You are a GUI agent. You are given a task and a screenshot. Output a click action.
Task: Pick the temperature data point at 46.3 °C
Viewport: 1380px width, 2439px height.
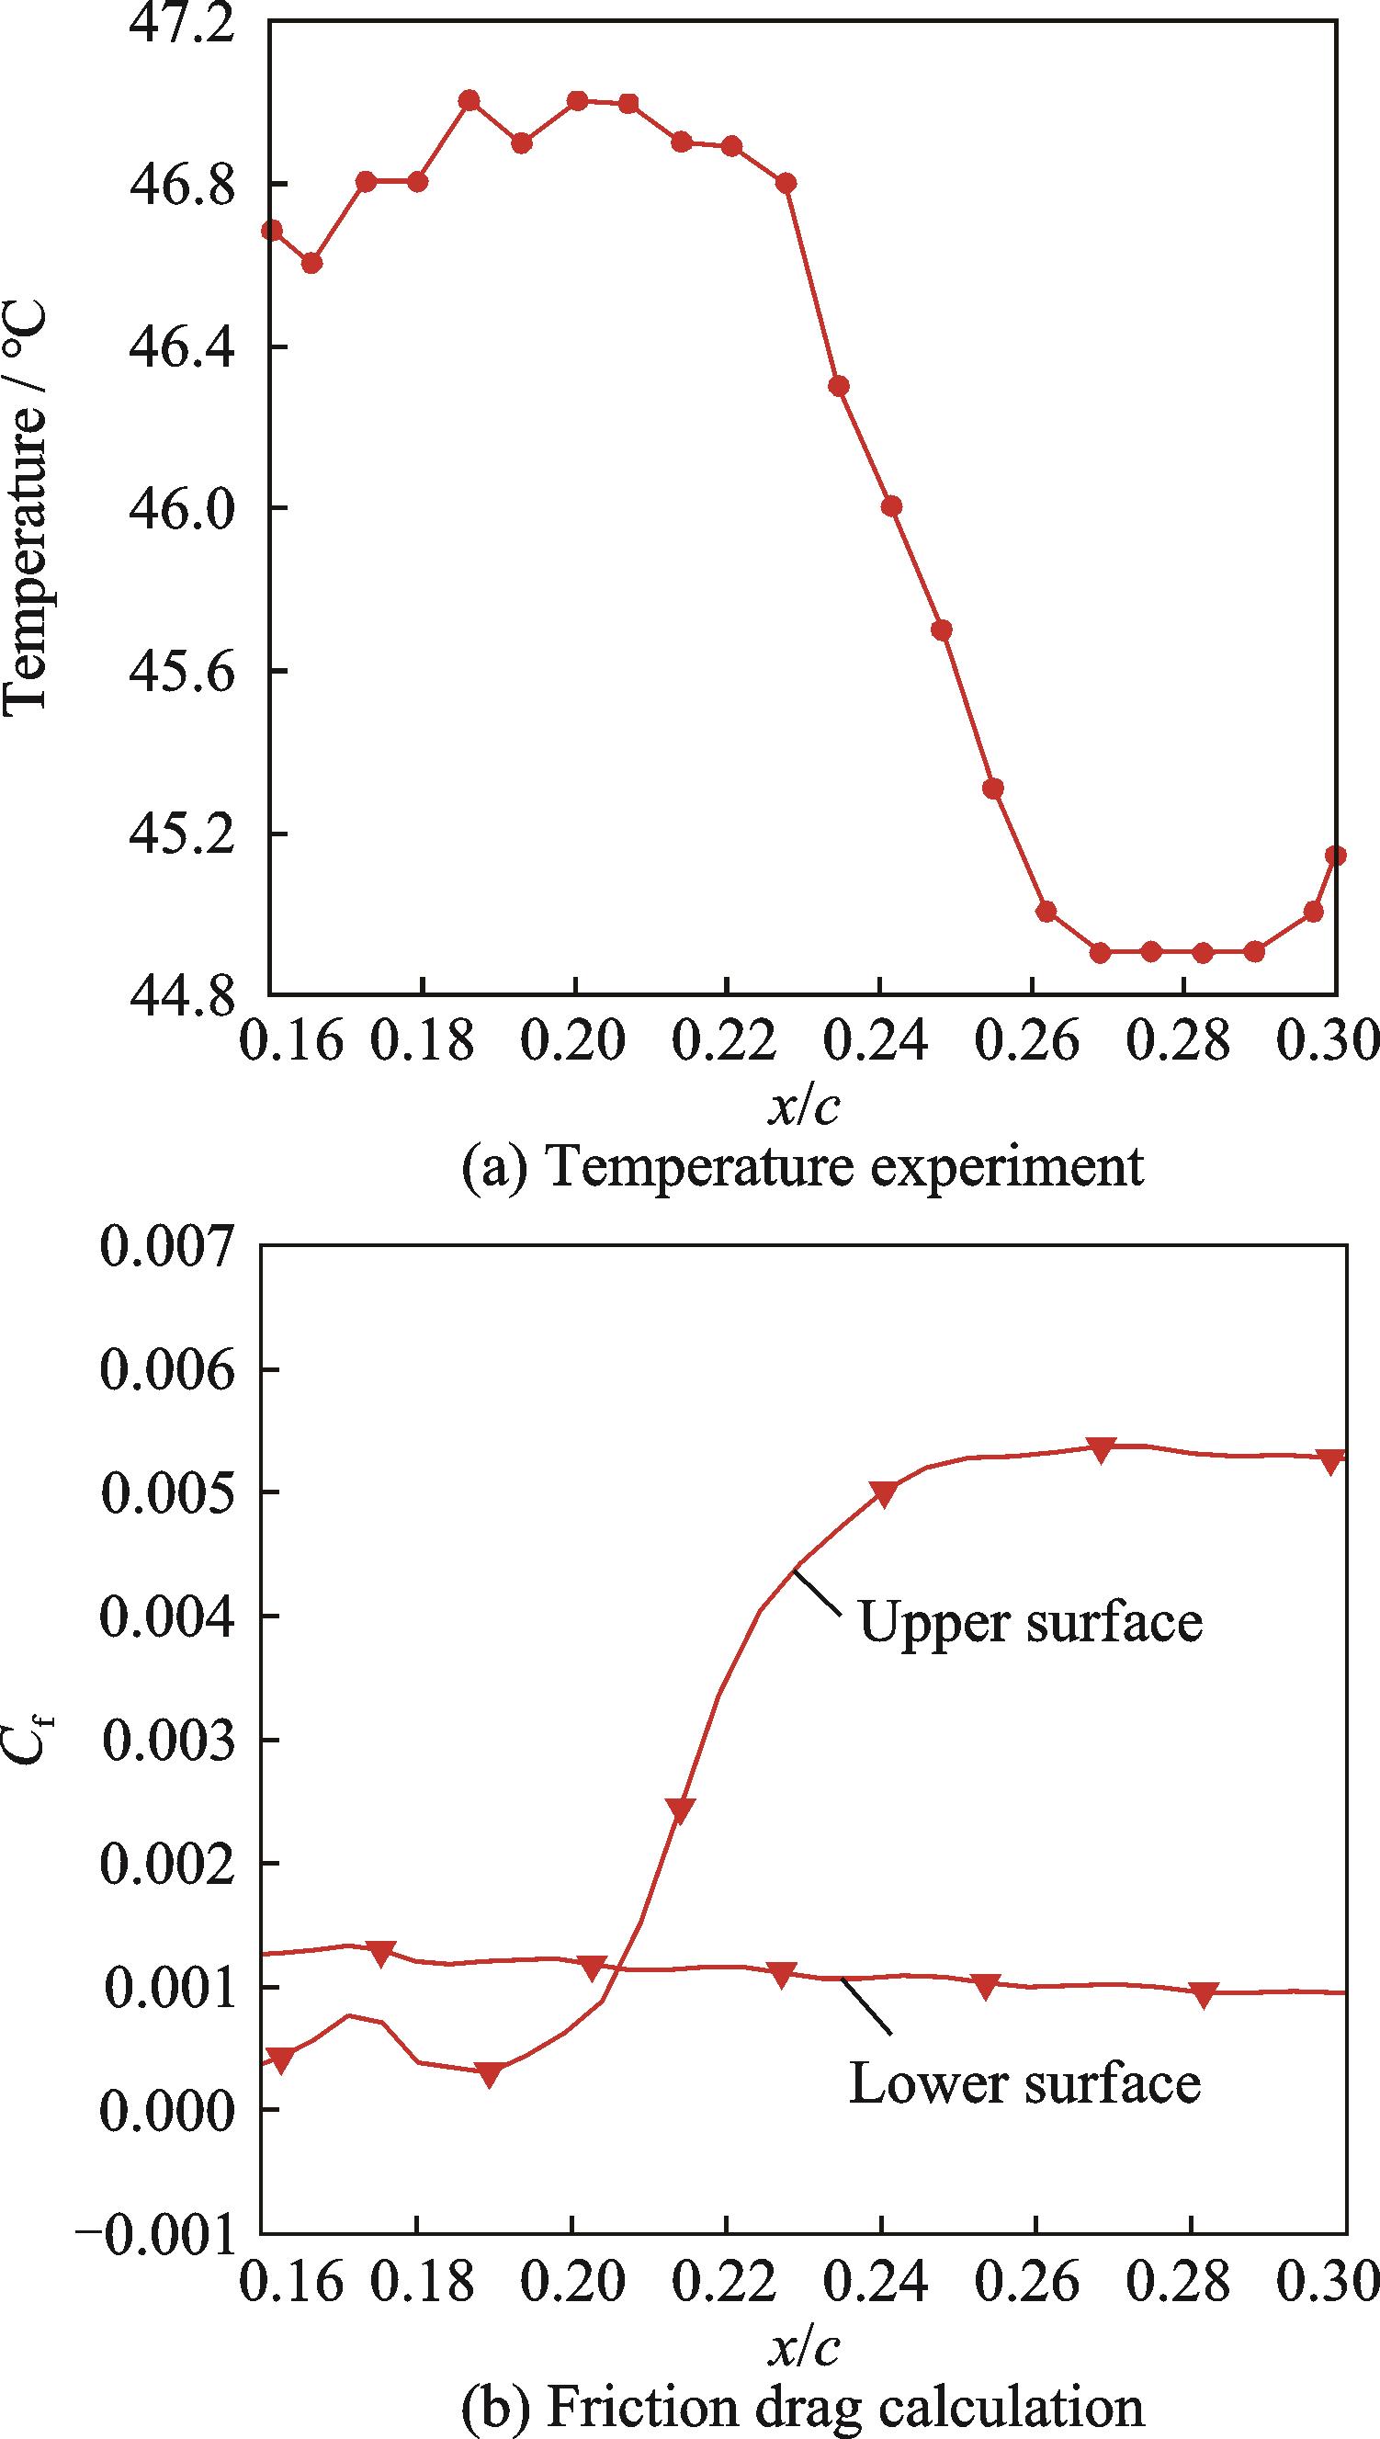point(838,386)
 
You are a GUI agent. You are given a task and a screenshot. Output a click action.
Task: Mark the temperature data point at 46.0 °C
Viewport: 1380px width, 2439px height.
point(891,506)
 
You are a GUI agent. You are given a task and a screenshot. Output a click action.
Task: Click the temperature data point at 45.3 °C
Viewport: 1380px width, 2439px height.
point(992,788)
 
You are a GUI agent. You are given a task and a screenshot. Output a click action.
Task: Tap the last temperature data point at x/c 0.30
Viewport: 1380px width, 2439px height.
point(1337,855)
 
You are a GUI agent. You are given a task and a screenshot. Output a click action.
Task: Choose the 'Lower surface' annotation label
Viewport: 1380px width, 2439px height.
point(1024,2056)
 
